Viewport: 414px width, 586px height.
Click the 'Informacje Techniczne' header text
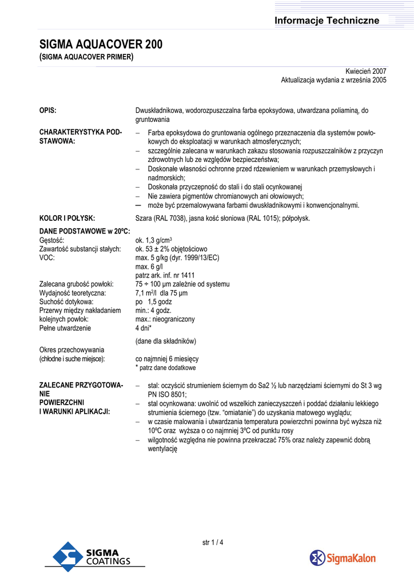pos(327,21)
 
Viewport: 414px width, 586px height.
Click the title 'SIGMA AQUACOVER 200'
pos(100,45)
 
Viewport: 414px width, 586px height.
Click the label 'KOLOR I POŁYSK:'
pos(67,218)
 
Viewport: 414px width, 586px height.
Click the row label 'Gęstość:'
pos(51,240)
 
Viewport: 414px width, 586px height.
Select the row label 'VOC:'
pos(47,258)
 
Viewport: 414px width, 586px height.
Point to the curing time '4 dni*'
pos(144,328)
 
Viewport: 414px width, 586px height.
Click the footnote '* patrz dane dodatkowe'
pos(165,367)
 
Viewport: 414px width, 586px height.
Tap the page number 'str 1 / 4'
pos(213,543)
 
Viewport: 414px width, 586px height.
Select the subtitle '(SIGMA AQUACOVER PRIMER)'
pos(86,57)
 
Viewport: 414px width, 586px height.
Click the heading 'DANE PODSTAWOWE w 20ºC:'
pos(85,231)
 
